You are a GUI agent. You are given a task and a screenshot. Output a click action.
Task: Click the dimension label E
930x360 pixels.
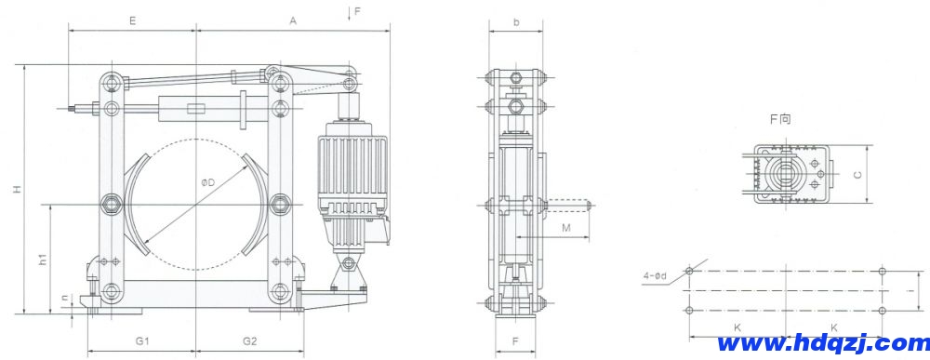click(x=133, y=19)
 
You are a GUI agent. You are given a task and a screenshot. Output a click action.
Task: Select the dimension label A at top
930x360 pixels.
click(x=293, y=19)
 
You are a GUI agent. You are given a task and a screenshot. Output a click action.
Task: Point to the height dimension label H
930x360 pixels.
click(x=15, y=190)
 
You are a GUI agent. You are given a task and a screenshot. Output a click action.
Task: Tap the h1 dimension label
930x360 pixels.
click(x=43, y=261)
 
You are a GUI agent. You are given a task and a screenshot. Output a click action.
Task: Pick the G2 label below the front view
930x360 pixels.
click(x=250, y=341)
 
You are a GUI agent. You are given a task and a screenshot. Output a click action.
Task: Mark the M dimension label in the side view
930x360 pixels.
click(x=565, y=227)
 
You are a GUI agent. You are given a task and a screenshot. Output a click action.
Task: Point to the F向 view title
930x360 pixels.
click(x=778, y=120)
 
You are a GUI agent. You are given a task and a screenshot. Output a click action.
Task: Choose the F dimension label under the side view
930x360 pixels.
click(x=515, y=341)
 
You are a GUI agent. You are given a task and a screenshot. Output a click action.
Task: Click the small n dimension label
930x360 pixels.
click(x=63, y=299)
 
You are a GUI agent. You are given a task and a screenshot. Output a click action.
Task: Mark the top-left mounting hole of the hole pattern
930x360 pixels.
click(x=688, y=271)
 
